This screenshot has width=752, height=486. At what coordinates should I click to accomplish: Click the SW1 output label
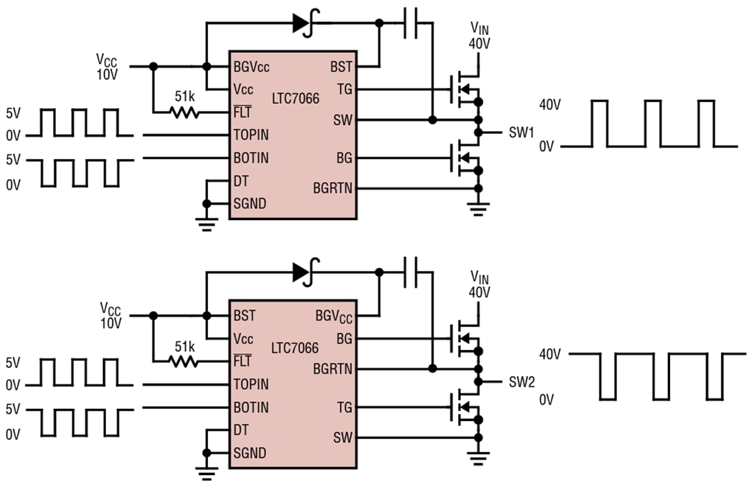[521, 132]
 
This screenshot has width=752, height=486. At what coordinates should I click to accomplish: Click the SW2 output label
[521, 381]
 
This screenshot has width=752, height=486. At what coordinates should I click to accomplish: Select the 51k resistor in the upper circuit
[184, 112]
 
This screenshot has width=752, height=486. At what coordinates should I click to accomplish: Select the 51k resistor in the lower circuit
[184, 362]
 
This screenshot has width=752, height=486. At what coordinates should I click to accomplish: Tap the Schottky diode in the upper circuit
[302, 23]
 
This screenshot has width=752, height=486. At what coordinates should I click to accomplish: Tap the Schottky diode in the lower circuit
[302, 272]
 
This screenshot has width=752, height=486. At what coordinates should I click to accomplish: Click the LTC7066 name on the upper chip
[295, 98]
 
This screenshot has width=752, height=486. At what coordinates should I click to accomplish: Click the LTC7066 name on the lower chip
[295, 348]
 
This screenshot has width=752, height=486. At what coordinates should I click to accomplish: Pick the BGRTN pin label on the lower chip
[332, 369]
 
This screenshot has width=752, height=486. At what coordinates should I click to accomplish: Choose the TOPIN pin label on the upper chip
[251, 135]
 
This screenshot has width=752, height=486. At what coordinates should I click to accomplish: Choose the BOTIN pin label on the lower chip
[251, 407]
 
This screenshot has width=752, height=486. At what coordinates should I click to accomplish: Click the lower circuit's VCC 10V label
[110, 315]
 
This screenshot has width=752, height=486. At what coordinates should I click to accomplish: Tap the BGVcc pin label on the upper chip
[250, 66]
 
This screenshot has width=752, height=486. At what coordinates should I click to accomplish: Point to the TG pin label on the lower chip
[344, 407]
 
